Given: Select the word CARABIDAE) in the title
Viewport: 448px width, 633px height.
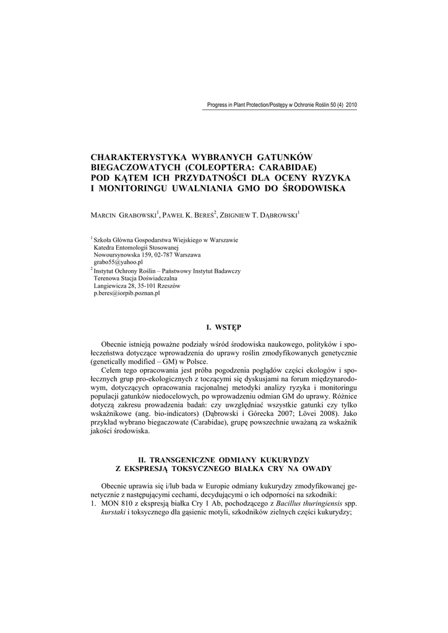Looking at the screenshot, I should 288,168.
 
